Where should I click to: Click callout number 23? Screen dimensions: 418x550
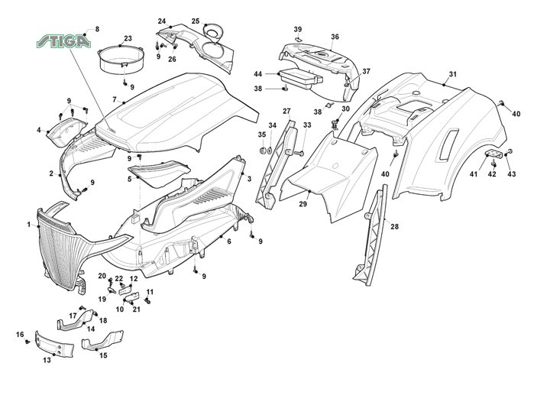pyautogui.click(x=128, y=38)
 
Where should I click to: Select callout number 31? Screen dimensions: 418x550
pyautogui.click(x=452, y=74)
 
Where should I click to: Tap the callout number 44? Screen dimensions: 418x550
pyautogui.click(x=258, y=73)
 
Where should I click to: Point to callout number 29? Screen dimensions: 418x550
pyautogui.click(x=302, y=204)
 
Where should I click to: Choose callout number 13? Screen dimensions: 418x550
pyautogui.click(x=47, y=359)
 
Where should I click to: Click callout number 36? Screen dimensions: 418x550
pyautogui.click(x=335, y=37)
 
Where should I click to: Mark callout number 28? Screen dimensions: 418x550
pyautogui.click(x=394, y=227)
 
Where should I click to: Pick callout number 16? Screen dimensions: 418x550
pyautogui.click(x=20, y=334)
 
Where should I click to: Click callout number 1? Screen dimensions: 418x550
pyautogui.click(x=29, y=224)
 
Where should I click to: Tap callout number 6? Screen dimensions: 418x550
pyautogui.click(x=229, y=241)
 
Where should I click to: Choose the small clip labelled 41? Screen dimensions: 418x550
pyautogui.click(x=493, y=157)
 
